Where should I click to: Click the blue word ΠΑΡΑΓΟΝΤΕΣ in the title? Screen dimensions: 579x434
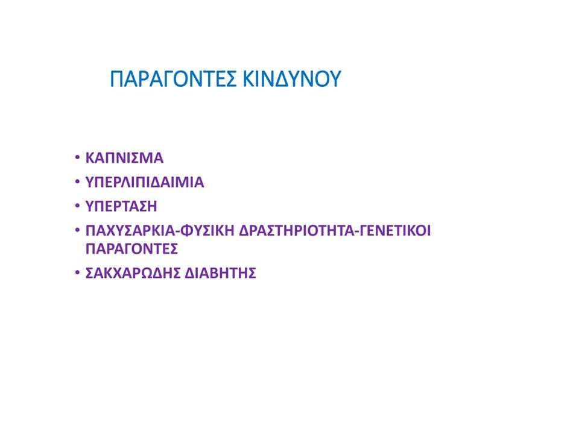(x=173, y=78)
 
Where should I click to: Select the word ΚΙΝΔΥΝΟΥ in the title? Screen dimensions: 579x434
(x=292, y=78)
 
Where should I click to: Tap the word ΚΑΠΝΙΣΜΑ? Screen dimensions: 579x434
(x=124, y=158)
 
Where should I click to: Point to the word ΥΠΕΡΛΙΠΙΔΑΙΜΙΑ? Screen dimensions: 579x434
(x=145, y=182)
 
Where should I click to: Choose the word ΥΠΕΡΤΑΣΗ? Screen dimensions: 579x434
(x=121, y=206)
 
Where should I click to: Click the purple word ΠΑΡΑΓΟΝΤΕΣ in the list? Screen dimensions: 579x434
(x=132, y=249)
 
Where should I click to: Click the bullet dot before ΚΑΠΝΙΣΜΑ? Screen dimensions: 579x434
(x=77, y=157)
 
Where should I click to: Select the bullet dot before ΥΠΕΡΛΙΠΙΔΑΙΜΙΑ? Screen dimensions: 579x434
(x=77, y=182)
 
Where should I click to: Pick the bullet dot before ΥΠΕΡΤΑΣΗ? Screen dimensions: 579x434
(x=77, y=206)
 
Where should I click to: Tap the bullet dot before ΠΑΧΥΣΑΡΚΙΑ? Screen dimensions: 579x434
(x=77, y=230)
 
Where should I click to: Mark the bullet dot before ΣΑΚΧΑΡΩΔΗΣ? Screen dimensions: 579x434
(x=77, y=273)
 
